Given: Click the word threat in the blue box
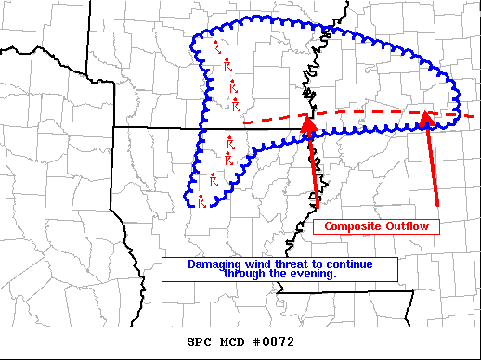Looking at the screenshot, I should coord(286,264).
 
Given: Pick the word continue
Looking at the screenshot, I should coord(347,264).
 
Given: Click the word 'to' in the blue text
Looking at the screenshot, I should coord(316,264).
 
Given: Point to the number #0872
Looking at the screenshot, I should coord(276,341).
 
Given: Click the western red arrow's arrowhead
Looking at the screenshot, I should coord(307,121).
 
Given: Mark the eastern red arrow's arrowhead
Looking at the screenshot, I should coord(427,118).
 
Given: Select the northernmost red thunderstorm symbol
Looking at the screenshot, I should coord(215,47).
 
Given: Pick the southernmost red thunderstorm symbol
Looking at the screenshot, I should coord(202,199).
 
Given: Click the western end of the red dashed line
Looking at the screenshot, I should coord(244,122).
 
